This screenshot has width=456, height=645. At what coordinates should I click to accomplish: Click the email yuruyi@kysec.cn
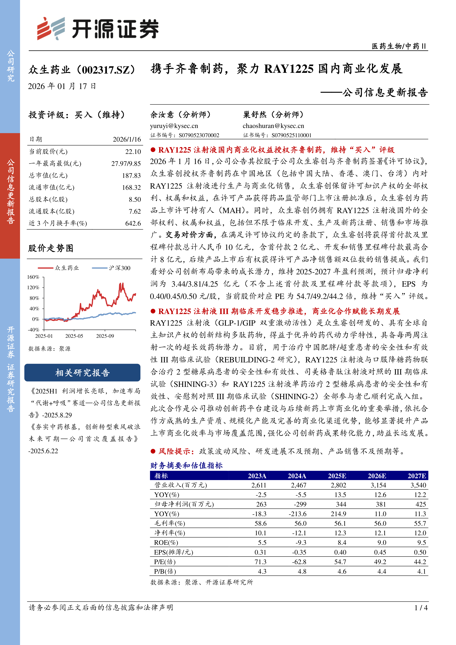click(174, 126)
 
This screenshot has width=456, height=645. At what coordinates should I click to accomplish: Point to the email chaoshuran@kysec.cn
click(273, 126)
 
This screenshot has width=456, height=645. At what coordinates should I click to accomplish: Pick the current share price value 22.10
click(133, 152)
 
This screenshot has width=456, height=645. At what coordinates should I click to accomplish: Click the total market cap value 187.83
click(131, 176)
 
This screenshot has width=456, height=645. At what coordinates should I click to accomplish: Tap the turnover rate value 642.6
click(133, 223)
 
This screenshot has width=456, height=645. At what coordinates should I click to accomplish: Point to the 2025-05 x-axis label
click(74, 336)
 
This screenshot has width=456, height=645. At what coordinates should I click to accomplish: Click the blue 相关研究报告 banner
click(82, 373)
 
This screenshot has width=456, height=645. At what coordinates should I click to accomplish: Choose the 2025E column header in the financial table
click(337, 476)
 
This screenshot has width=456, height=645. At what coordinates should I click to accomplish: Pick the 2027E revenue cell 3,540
click(418, 485)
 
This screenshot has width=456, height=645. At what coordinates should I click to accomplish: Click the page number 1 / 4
click(421, 608)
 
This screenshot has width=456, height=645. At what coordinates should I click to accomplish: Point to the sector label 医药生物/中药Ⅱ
click(399, 46)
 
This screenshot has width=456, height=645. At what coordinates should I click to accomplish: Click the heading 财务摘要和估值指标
click(186, 466)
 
